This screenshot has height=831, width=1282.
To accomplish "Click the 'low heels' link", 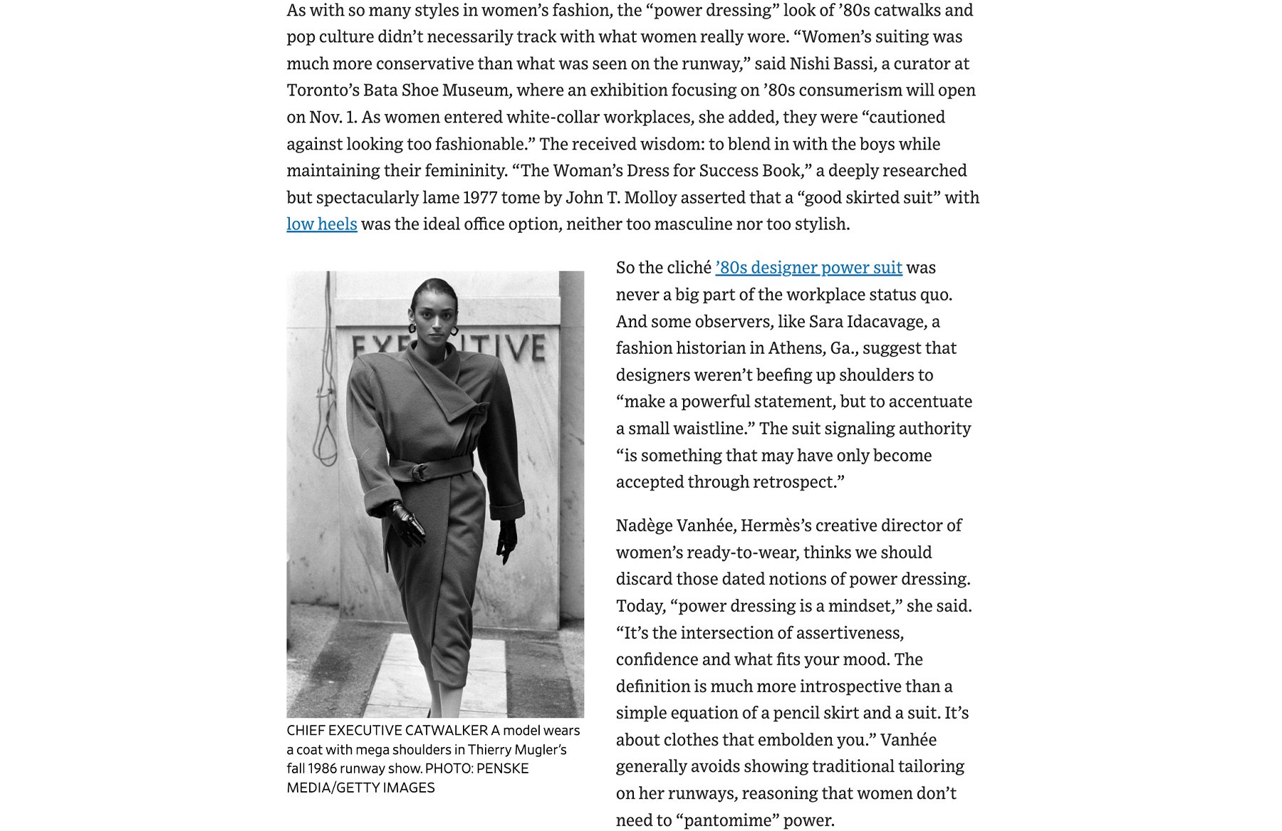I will pyautogui.click(x=321, y=224).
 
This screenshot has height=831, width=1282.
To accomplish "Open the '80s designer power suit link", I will pyautogui.click(x=808, y=268).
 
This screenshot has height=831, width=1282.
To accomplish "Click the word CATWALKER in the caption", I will pyautogui.click(x=446, y=731).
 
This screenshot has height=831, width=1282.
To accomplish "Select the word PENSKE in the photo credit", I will pyautogui.click(x=502, y=769).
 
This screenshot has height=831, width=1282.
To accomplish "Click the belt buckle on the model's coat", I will pyautogui.click(x=419, y=471).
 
